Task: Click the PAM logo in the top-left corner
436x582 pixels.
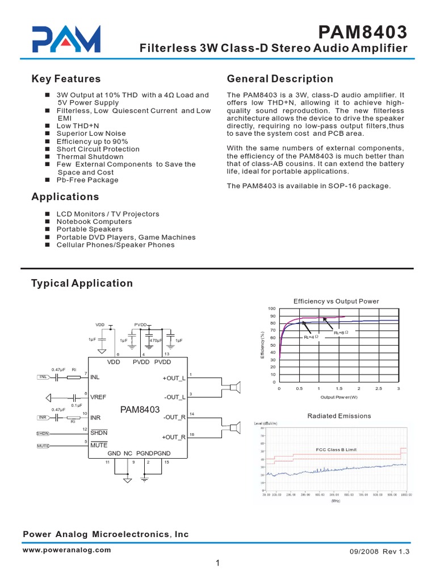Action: click(x=66, y=39)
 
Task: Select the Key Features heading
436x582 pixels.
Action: click(x=66, y=79)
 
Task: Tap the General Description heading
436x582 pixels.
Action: click(x=280, y=79)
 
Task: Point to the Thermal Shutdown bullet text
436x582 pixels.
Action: click(x=90, y=156)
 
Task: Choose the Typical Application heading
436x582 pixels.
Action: click(x=82, y=283)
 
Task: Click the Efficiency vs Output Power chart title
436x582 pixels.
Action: click(x=336, y=301)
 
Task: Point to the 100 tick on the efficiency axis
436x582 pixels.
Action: click(x=272, y=308)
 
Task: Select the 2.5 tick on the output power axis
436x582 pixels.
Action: click(x=379, y=388)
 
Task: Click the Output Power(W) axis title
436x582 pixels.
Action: click(x=339, y=397)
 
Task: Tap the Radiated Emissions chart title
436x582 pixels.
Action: click(x=339, y=416)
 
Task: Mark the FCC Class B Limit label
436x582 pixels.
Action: click(x=337, y=450)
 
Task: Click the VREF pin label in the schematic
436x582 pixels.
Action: click(x=100, y=397)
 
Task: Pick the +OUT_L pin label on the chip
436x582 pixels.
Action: click(x=174, y=378)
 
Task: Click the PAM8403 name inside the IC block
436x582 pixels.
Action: click(x=140, y=409)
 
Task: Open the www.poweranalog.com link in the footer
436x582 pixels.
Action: click(x=67, y=550)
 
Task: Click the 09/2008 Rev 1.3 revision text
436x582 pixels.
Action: click(x=377, y=551)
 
